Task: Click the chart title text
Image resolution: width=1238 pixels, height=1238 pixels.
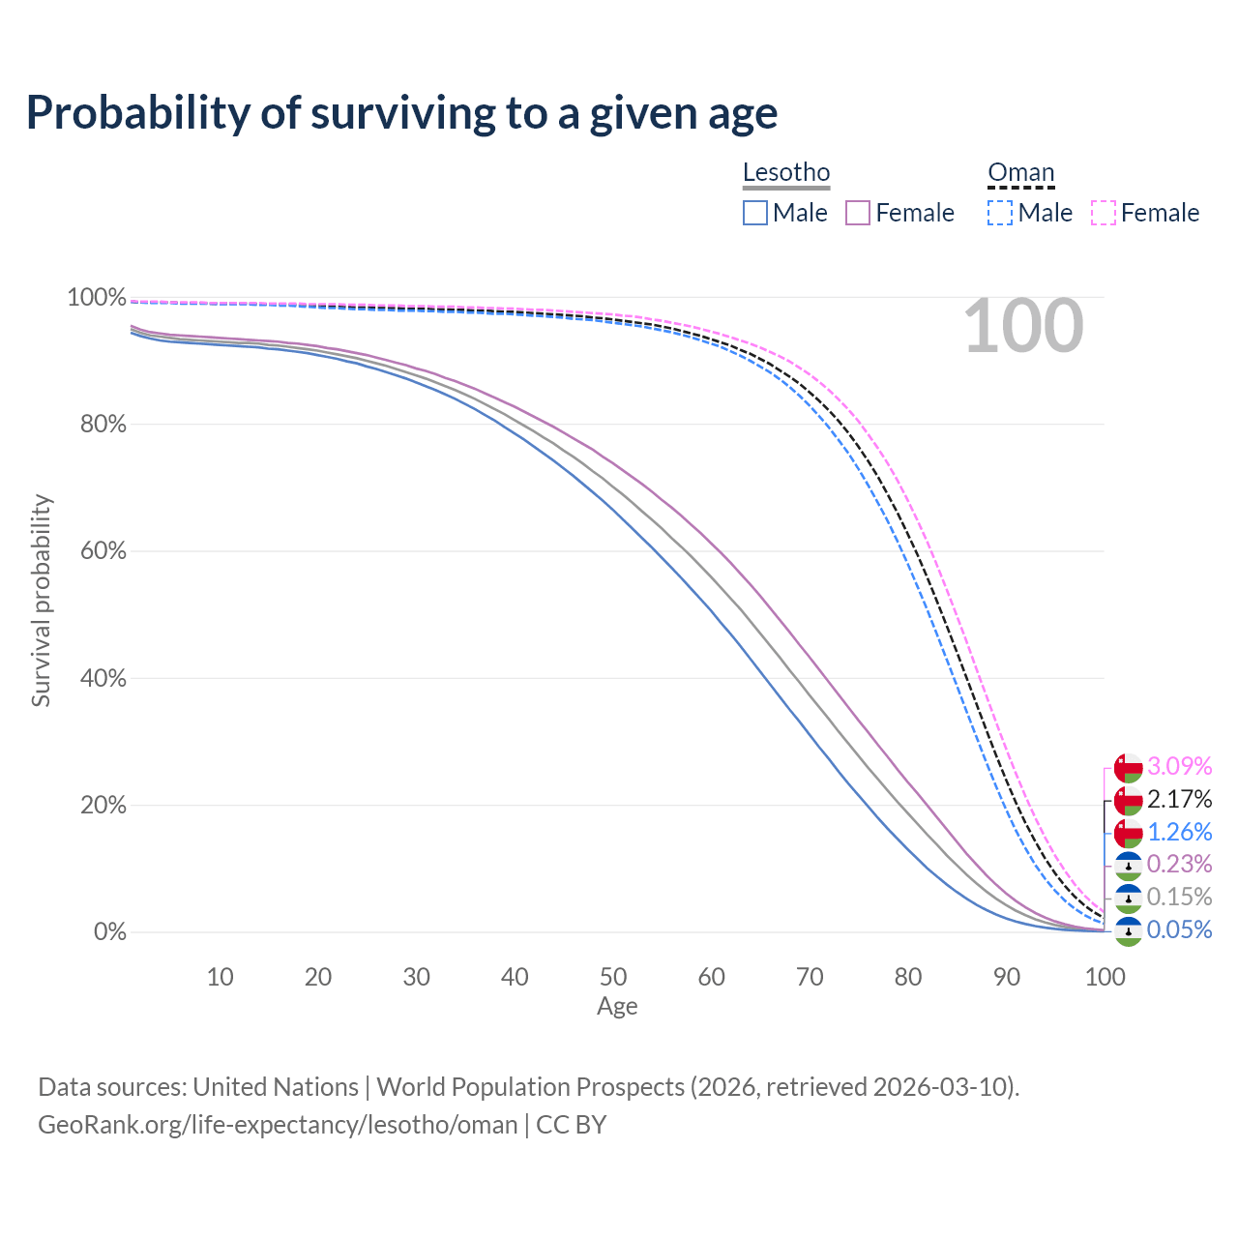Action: click(x=401, y=113)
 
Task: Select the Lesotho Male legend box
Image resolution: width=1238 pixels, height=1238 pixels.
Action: click(x=755, y=213)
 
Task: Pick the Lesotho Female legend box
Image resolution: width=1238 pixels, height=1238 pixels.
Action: click(x=858, y=213)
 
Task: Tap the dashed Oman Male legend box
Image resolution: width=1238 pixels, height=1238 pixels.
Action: click(x=1000, y=213)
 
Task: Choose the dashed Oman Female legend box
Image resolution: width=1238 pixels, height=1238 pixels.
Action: click(x=1104, y=213)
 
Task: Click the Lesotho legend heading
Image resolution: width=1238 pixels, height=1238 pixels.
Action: click(x=786, y=172)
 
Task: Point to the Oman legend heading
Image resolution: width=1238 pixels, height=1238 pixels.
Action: click(x=1020, y=172)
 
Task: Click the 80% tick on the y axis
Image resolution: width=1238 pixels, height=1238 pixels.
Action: click(x=97, y=424)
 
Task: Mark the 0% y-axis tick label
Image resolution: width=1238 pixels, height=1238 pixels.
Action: click(x=109, y=932)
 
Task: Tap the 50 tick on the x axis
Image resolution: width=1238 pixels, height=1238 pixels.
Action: click(x=613, y=977)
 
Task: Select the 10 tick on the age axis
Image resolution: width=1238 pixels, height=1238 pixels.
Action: click(x=221, y=977)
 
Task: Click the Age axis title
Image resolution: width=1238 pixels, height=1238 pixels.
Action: click(x=617, y=1007)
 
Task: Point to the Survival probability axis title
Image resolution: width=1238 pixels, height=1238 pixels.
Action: click(x=41, y=601)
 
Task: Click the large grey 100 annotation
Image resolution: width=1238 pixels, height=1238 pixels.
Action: click(x=1023, y=327)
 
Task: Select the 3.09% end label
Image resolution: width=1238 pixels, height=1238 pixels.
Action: click(x=1179, y=766)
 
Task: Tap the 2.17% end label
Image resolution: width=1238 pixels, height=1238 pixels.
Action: click(x=1179, y=799)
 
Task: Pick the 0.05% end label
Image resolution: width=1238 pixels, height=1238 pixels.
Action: click(x=1179, y=929)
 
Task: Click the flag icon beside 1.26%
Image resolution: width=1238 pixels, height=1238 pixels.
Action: click(x=1128, y=832)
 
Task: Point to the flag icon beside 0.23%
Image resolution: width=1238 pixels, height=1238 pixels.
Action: click(x=1128, y=865)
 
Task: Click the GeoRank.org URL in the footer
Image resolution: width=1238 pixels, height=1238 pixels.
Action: click(x=278, y=1125)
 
